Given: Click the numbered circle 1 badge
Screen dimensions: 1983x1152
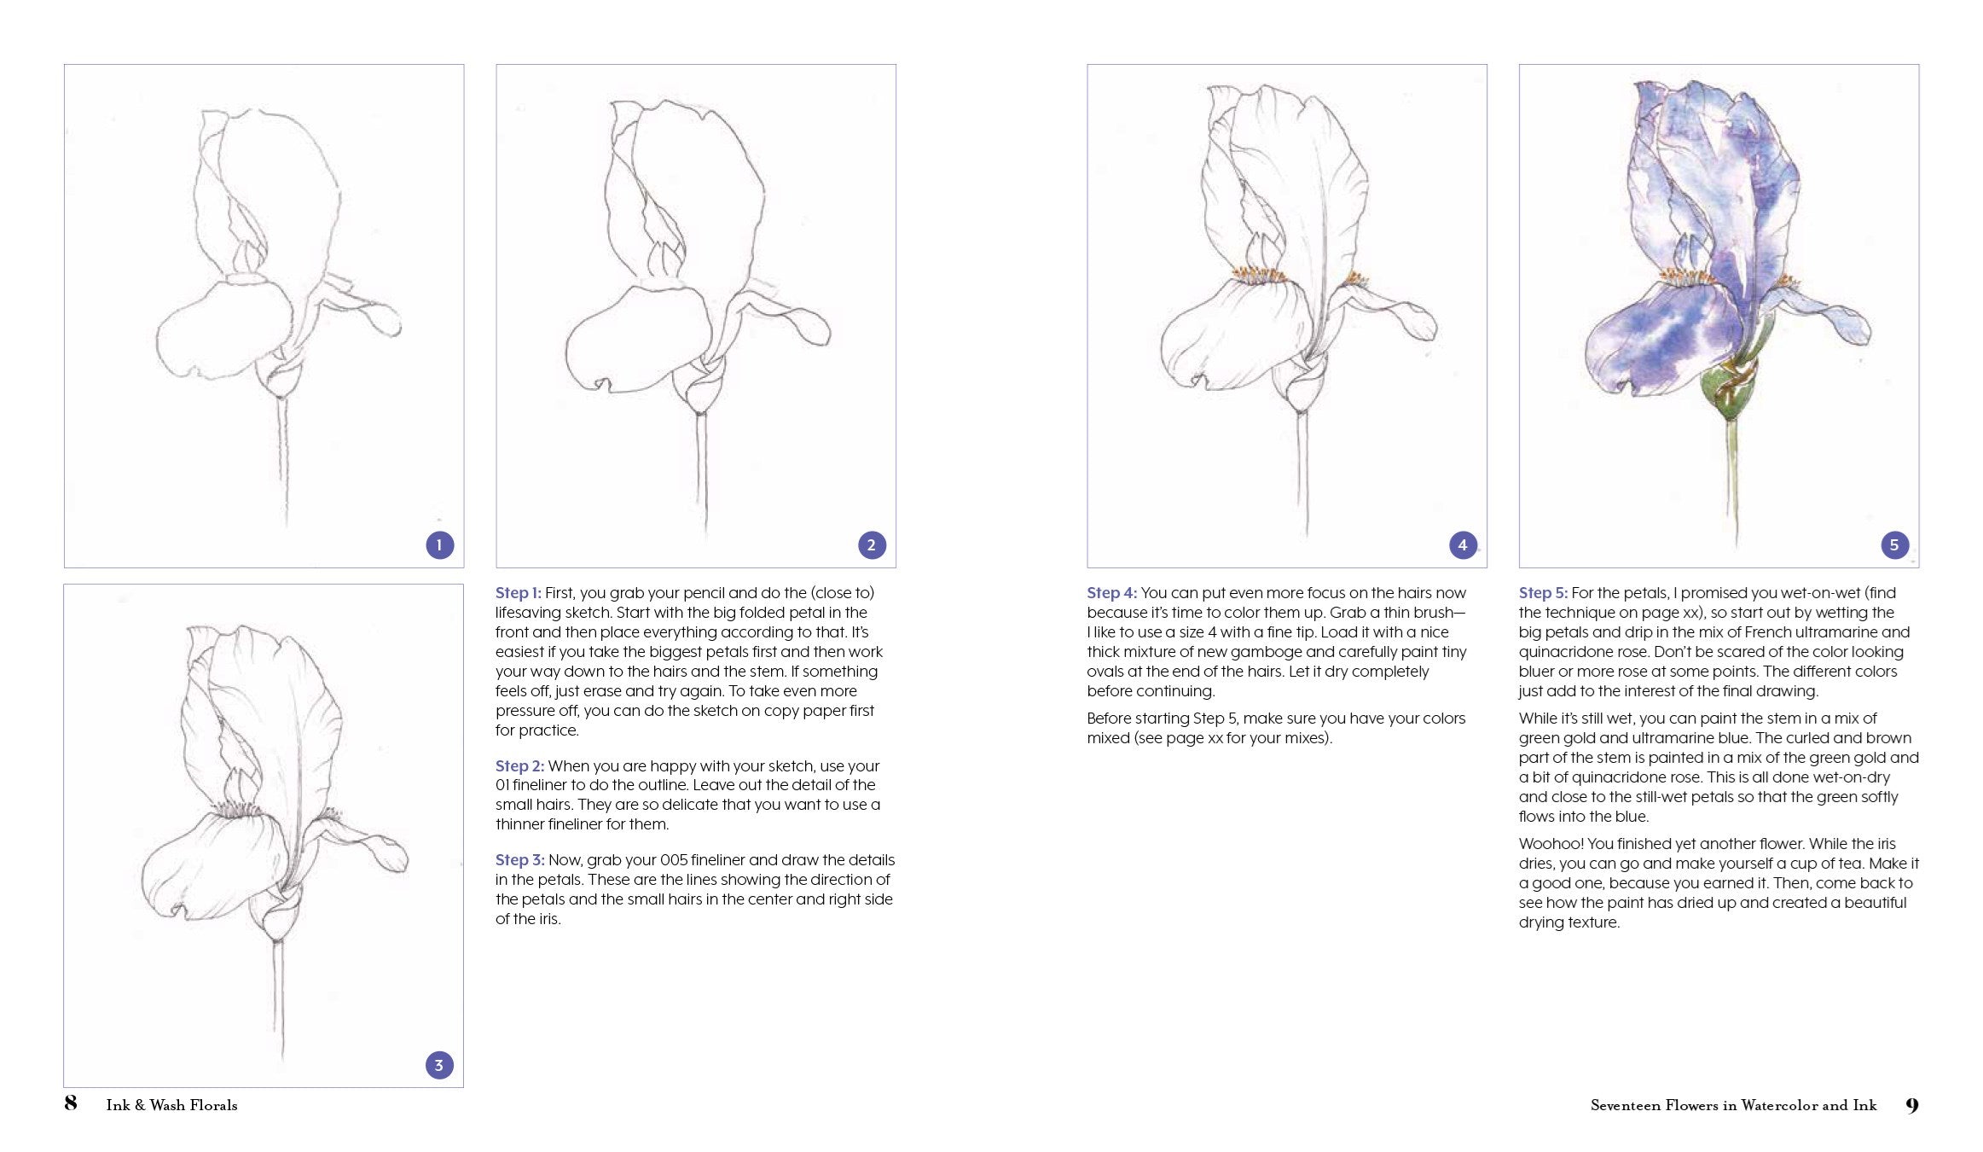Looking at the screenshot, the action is click(x=439, y=545).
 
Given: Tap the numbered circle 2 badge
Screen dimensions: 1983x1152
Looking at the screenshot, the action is click(x=871, y=545).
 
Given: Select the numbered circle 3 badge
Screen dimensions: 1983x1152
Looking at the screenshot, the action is click(x=439, y=1065).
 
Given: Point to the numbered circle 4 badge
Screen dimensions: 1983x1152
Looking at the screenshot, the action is click(x=1463, y=545).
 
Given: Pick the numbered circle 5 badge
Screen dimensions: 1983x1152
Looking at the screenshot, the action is click(x=1894, y=545).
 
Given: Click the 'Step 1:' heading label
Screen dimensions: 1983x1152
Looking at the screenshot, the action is click(x=519, y=593).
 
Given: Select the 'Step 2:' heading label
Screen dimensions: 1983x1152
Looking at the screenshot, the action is click(x=519, y=766).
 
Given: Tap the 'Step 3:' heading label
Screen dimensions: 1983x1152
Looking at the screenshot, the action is click(x=520, y=860).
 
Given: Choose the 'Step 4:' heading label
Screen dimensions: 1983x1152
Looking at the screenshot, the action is click(x=1112, y=593).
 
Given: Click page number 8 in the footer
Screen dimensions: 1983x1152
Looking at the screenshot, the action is click(x=71, y=1103).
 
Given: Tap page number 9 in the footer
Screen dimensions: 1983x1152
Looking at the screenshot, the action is click(x=1912, y=1105).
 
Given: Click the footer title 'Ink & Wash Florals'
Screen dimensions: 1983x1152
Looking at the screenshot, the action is click(x=172, y=1105).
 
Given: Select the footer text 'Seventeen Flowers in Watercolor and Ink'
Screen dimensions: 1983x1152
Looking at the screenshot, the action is click(x=1734, y=1105).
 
